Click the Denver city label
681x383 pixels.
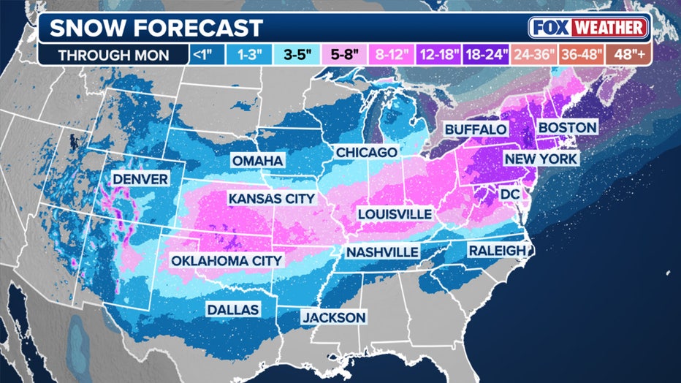click(140, 179)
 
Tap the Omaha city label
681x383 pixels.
click(258, 161)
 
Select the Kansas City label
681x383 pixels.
click(271, 198)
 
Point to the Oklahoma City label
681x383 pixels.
click(227, 260)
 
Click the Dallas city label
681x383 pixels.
click(232, 310)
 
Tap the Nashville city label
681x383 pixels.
click(382, 252)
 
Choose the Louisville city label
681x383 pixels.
click(395, 214)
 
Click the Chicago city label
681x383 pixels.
click(367, 152)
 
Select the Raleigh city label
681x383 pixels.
click(496, 251)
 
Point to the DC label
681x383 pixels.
click(510, 194)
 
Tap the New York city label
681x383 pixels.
click(541, 159)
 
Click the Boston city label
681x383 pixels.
click(567, 127)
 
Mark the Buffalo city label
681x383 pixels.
click(476, 129)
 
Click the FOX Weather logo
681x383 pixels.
click(589, 28)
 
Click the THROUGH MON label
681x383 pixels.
click(113, 55)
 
